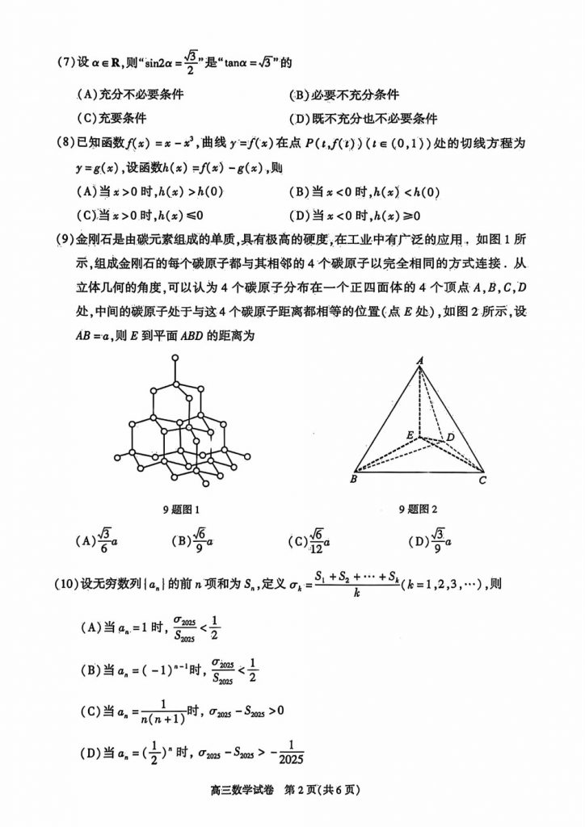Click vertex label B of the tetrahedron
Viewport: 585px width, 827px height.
click(353, 481)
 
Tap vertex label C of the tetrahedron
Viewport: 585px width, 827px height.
click(482, 481)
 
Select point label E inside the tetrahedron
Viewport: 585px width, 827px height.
click(410, 436)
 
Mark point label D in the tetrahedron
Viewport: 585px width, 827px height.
click(450, 437)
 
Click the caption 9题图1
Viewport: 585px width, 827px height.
click(180, 510)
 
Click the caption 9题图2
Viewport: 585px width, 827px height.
click(417, 509)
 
